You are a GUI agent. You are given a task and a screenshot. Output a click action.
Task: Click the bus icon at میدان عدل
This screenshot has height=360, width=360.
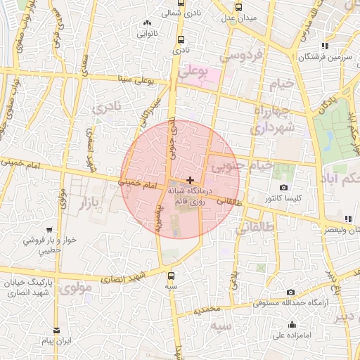239,7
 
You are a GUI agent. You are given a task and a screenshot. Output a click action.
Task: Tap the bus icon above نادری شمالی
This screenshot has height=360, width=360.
181,3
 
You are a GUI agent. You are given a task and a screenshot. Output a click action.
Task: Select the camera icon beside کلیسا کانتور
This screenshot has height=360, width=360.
283,188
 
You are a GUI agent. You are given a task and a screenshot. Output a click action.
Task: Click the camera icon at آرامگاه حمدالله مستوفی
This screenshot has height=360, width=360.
290,292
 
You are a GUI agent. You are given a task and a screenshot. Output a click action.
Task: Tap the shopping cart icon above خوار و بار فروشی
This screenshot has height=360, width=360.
49,230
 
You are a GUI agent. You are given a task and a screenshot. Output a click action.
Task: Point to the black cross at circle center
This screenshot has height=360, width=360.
191,181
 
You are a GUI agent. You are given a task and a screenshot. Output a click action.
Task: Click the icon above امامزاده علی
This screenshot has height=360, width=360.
292,324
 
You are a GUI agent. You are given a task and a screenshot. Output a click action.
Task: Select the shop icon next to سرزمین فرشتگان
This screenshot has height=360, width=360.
304,46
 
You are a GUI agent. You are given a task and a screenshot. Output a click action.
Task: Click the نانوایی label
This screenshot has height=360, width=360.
148,32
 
